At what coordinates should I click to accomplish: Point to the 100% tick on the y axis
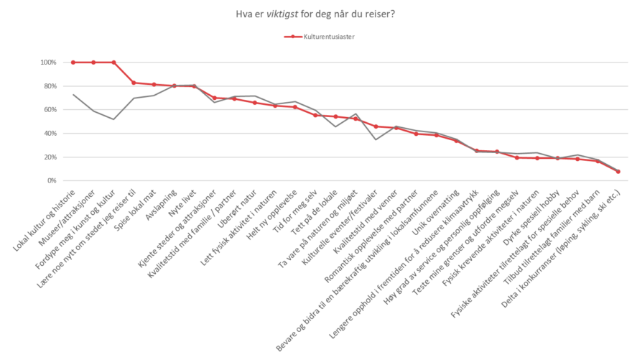[x=48, y=63]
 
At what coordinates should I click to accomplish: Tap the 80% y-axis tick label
[x=50, y=86]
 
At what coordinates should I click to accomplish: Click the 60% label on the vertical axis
[x=50, y=110]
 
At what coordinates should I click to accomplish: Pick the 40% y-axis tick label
[x=50, y=134]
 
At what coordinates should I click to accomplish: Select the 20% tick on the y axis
[x=50, y=157]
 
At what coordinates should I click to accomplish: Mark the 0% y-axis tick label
[x=52, y=181]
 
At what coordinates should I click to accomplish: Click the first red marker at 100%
[x=73, y=63]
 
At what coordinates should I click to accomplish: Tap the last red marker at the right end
[x=618, y=172]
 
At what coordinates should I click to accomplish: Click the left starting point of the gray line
[x=73, y=94]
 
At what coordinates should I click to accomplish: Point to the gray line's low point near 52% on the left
[x=113, y=119]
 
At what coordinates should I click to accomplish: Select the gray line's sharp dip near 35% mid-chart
[x=376, y=139]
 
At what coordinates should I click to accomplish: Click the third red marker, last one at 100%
[x=113, y=63]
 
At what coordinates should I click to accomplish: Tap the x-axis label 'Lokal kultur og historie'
[x=45, y=218]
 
